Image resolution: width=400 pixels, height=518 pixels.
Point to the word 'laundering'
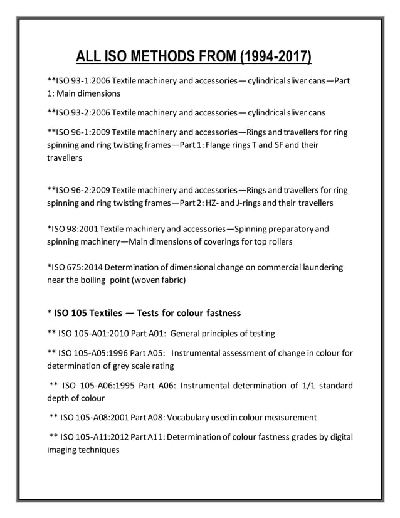tap(320, 267)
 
